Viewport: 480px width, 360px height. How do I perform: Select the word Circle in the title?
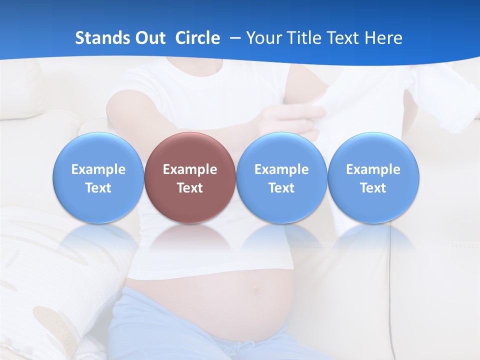[197, 38]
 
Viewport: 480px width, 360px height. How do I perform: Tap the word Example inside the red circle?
[190, 169]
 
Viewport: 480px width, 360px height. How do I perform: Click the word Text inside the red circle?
[190, 188]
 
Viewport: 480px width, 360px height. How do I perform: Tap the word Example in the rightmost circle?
[373, 169]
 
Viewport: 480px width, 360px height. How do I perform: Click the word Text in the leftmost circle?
[98, 188]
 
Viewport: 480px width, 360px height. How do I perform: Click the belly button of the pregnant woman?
[257, 288]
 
